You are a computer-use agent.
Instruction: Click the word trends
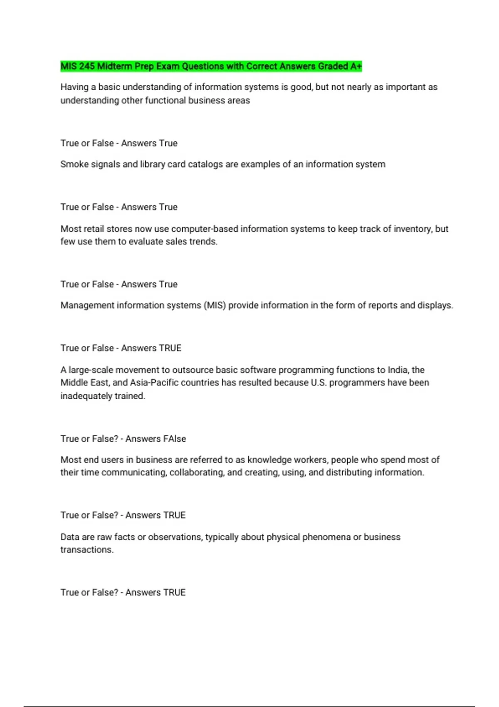[203, 242]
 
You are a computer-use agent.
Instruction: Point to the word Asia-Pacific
[154, 383]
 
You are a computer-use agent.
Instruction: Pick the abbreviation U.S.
[319, 383]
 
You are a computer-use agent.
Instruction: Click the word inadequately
[86, 396]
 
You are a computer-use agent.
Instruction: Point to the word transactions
[87, 550]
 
